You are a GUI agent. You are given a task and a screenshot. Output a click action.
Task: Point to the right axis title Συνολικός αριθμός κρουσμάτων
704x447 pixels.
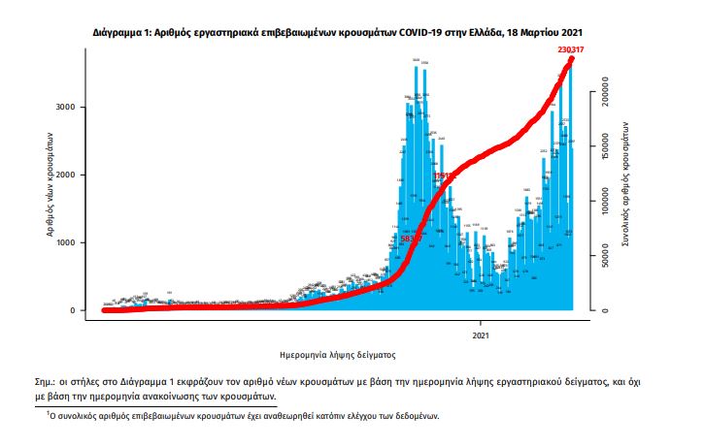pos(628,195)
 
